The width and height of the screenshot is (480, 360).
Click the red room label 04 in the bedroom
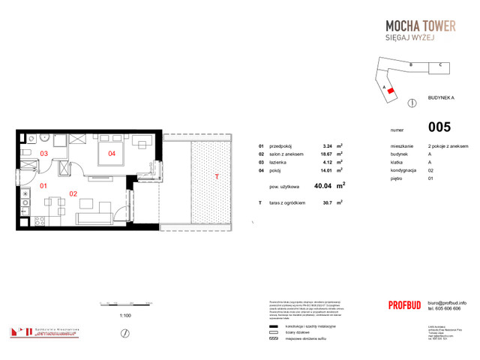pos(111,154)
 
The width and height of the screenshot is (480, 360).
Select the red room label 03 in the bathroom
pos(43,154)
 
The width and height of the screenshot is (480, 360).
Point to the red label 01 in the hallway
pos(43,185)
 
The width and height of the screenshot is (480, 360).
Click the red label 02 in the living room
pos(73,193)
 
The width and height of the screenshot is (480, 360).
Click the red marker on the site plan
pos(391,89)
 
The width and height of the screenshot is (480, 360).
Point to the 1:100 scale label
pos(125,316)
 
